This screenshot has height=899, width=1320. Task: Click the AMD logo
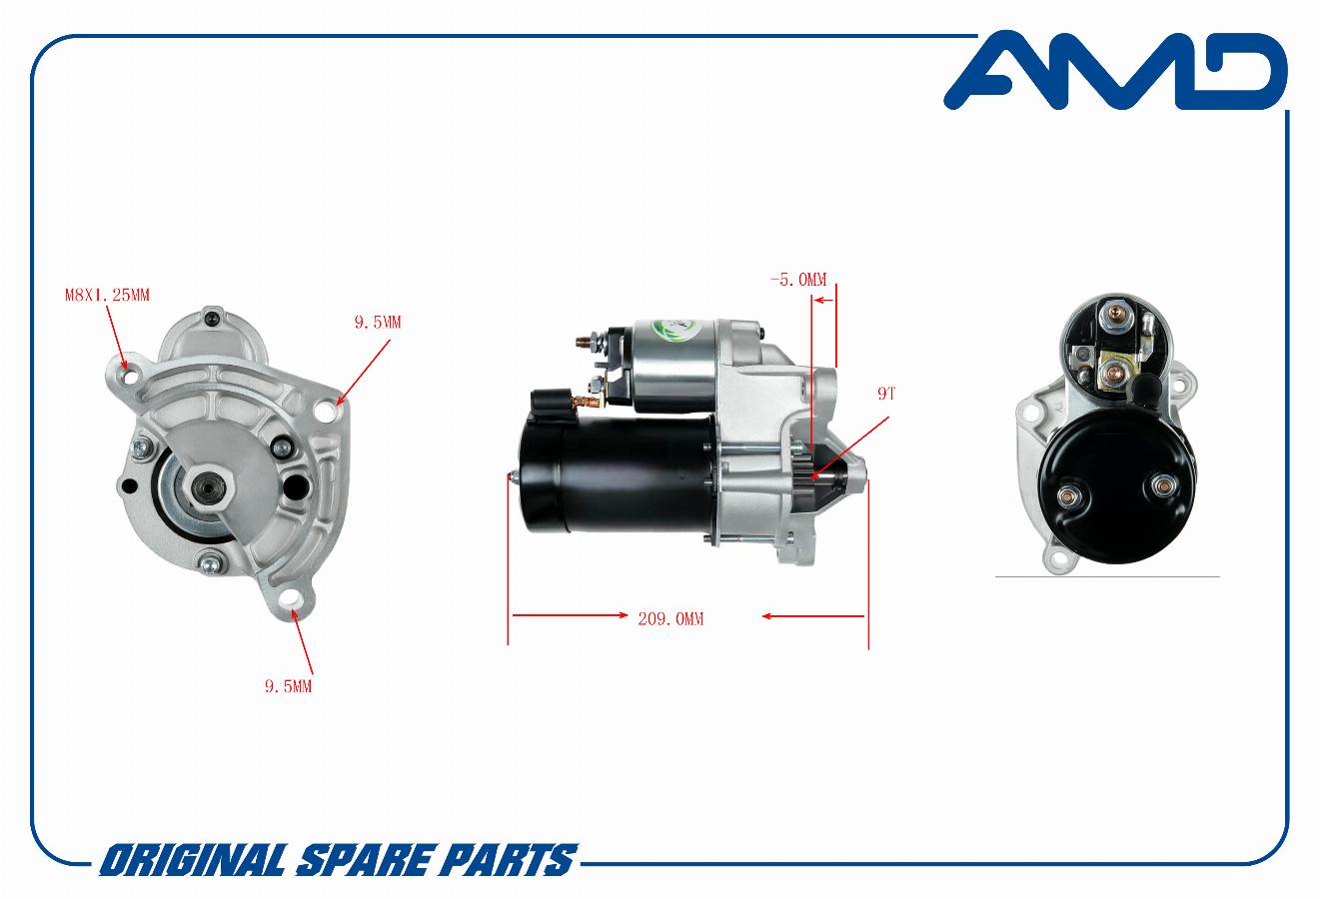[1115, 71]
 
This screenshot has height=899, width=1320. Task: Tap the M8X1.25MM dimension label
[107, 295]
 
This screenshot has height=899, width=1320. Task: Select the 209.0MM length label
[670, 619]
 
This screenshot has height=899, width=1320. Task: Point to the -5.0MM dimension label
[798, 280]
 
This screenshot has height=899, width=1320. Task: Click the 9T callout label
[886, 395]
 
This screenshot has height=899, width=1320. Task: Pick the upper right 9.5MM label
[377, 323]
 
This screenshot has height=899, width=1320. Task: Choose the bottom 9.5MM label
[288, 686]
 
